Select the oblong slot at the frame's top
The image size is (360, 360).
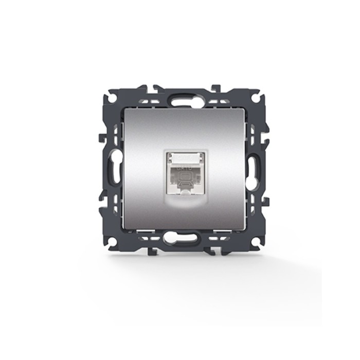click(179, 96)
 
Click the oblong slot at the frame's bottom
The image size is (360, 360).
click(179, 239)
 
